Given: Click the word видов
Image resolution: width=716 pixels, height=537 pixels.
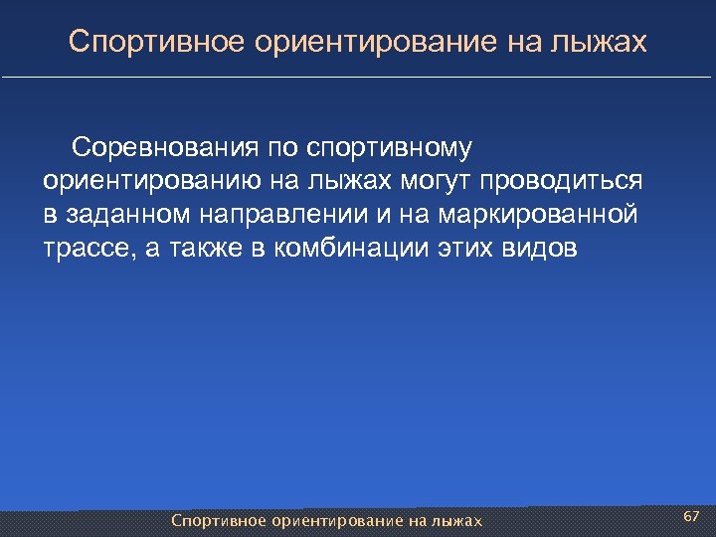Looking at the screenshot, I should click(541, 248).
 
